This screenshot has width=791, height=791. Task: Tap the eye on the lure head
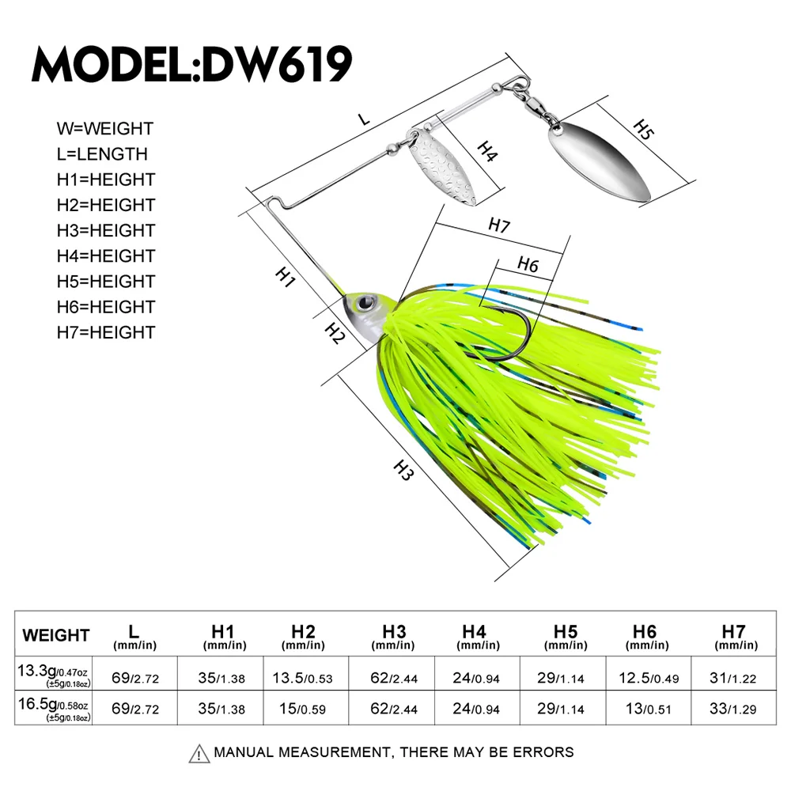pos(365,301)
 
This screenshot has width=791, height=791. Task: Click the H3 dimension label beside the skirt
pos(404,472)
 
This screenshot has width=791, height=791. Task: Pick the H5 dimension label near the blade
pos(644,131)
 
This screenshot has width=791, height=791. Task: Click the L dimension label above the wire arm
pos(364,119)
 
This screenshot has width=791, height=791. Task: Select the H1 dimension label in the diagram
pos(285,277)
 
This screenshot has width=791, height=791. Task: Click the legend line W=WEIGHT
pos(104,128)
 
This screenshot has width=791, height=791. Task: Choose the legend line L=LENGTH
pos(102,154)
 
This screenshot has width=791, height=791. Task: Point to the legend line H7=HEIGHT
pos(106,332)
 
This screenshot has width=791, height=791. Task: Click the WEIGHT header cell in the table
pos(56,634)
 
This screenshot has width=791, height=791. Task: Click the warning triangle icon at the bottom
pos(199,752)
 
